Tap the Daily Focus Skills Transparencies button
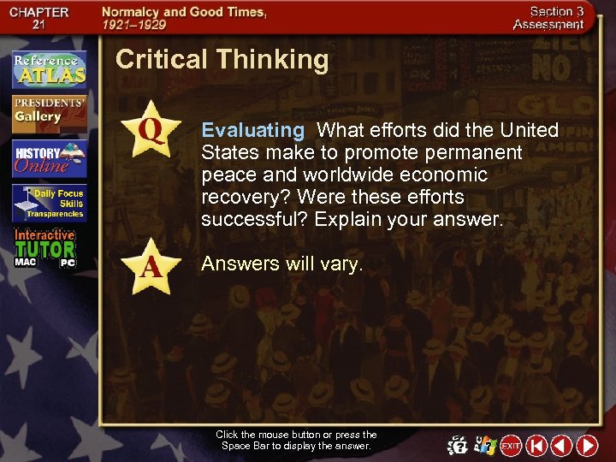tap(49, 204)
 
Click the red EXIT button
tap(511, 446)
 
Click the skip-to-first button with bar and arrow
tap(536, 446)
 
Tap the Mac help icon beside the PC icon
tap(459, 446)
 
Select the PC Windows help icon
tap(485, 446)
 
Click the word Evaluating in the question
tap(252, 131)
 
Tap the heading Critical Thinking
tap(222, 59)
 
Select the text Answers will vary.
tap(282, 264)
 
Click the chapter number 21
tap(38, 24)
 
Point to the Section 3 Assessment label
tap(548, 18)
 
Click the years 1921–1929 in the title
tap(134, 25)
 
